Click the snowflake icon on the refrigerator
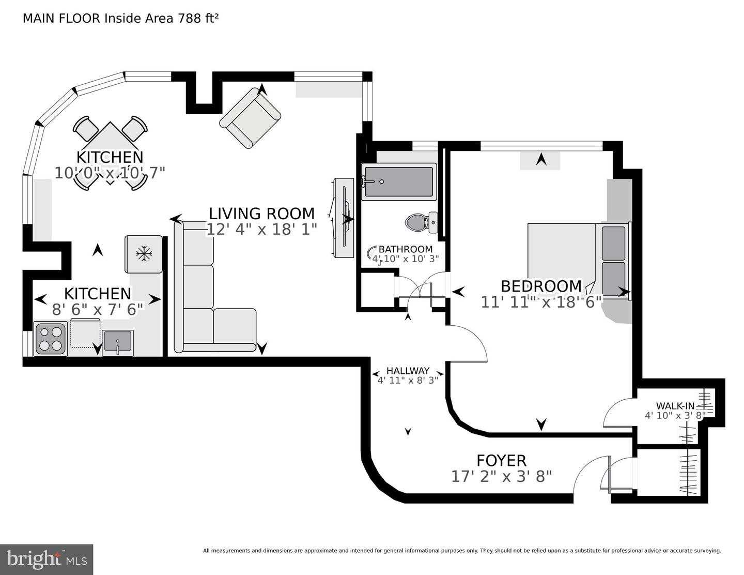click(144, 253)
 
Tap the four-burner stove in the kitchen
click(50, 338)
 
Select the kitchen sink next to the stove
click(118, 343)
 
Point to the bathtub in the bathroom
click(398, 182)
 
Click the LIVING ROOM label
click(261, 214)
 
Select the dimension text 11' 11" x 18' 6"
click(541, 302)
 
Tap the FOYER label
click(501, 460)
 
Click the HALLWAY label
click(408, 371)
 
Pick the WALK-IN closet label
click(675, 406)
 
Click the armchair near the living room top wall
click(250, 118)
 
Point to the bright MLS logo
click(47, 559)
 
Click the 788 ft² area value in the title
click(198, 19)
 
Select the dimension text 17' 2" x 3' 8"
click(501, 476)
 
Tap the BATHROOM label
click(406, 249)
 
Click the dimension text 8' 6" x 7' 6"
click(97, 310)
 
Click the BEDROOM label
click(541, 286)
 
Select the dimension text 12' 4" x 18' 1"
click(261, 229)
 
